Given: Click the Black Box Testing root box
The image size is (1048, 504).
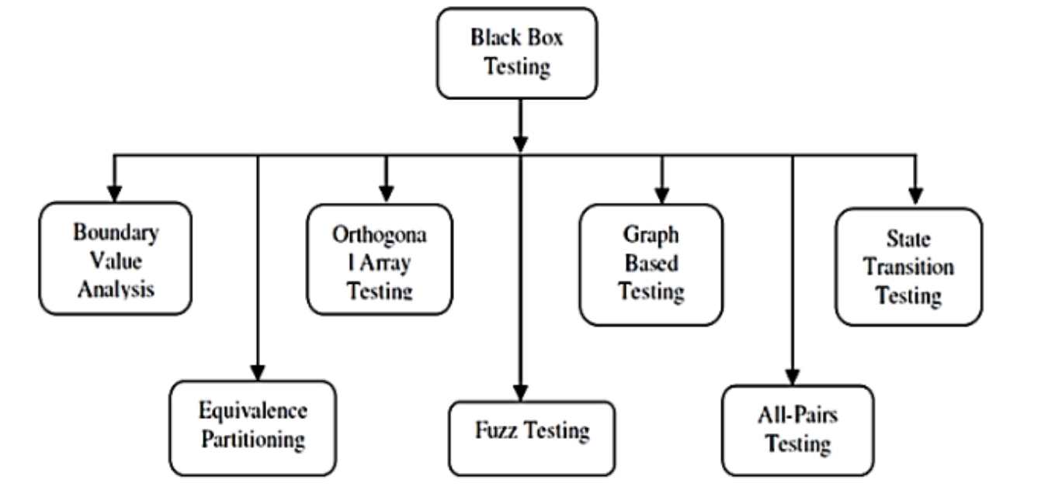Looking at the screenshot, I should [517, 54].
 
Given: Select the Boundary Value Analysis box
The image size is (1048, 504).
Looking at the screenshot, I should [116, 259].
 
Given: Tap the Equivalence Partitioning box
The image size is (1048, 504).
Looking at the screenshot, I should [253, 427].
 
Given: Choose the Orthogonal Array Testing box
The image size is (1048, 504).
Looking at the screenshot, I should [380, 260].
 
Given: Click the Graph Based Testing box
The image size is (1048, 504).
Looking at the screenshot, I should [651, 264].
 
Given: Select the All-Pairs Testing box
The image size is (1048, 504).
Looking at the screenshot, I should [797, 430].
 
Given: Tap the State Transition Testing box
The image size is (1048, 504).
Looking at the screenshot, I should [908, 266].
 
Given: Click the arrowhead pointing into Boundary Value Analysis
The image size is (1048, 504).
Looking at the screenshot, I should [115, 192].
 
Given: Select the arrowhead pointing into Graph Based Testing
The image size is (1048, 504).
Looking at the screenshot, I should [661, 194].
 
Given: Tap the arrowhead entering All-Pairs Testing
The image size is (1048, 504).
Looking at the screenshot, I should [793, 375].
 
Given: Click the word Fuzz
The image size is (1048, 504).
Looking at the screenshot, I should [497, 430].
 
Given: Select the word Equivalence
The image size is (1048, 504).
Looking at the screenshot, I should [253, 411].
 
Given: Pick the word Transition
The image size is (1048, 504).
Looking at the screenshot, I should [908, 267].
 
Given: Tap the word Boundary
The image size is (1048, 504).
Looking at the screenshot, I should [116, 232].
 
